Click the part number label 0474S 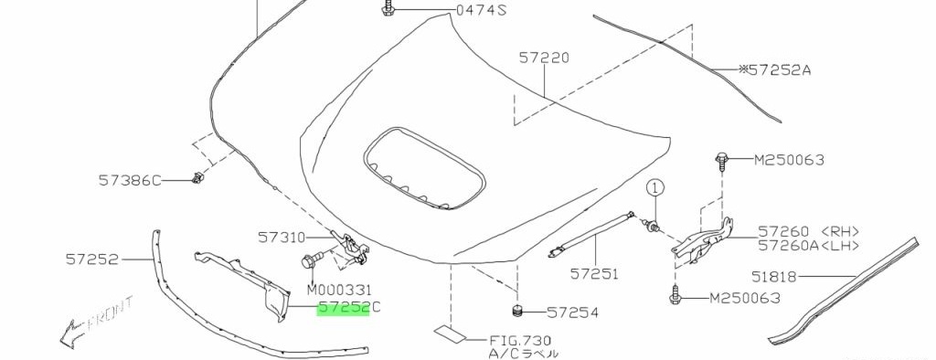[x=481, y=10]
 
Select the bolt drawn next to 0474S [x=388, y=8]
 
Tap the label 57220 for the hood [x=544, y=58]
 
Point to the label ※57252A [x=775, y=69]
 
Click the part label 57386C [x=130, y=180]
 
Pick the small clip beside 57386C [x=196, y=176]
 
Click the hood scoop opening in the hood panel [x=423, y=168]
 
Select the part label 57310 [x=282, y=237]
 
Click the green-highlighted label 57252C [x=348, y=308]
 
